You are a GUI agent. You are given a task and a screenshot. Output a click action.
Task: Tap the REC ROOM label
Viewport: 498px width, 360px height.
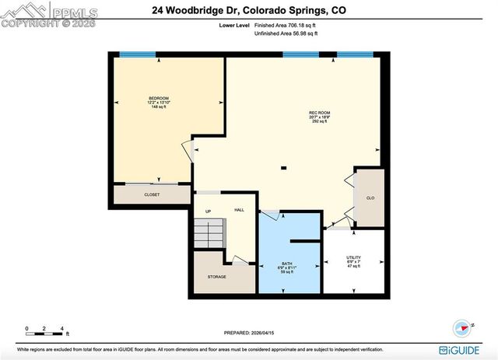316,114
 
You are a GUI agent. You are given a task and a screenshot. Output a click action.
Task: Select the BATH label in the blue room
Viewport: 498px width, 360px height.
286,264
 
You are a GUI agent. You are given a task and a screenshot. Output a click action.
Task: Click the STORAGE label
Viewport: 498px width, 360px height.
216,276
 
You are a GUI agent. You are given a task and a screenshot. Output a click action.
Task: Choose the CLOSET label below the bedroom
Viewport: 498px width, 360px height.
152,194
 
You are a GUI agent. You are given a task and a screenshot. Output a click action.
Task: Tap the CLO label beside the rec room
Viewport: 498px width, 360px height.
370,198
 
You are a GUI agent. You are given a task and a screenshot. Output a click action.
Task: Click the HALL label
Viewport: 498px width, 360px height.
240,210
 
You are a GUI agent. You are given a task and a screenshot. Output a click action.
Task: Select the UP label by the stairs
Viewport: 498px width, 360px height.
209,211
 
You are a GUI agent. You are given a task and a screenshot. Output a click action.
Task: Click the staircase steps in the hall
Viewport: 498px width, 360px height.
210,232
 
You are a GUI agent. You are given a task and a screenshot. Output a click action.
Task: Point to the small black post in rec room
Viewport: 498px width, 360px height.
284,167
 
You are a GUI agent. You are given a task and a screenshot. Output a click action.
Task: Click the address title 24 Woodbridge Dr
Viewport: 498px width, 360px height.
247,10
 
